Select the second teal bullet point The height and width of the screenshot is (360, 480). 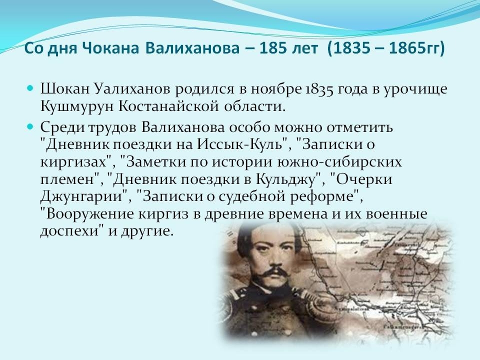pyautogui.click(x=30, y=126)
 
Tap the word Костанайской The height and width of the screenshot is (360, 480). pyautogui.click(x=168, y=106)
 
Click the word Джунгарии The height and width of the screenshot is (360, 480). pyautogui.click(x=81, y=196)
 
